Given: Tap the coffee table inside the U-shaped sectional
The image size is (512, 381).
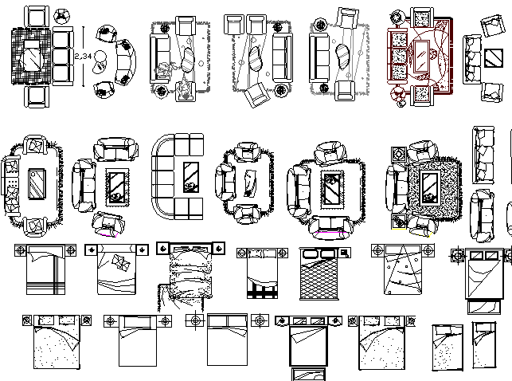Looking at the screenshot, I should (x=191, y=177).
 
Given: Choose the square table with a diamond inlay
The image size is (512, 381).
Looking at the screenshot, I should (x=487, y=57).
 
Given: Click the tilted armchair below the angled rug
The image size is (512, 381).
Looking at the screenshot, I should (x=256, y=96).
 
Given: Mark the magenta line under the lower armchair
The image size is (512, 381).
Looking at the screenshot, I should (x=104, y=236).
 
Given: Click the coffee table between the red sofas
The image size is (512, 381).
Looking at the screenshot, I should (x=421, y=57).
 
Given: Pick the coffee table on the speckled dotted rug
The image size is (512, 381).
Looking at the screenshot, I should (x=430, y=183).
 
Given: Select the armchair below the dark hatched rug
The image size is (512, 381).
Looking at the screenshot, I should (x=35, y=97).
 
